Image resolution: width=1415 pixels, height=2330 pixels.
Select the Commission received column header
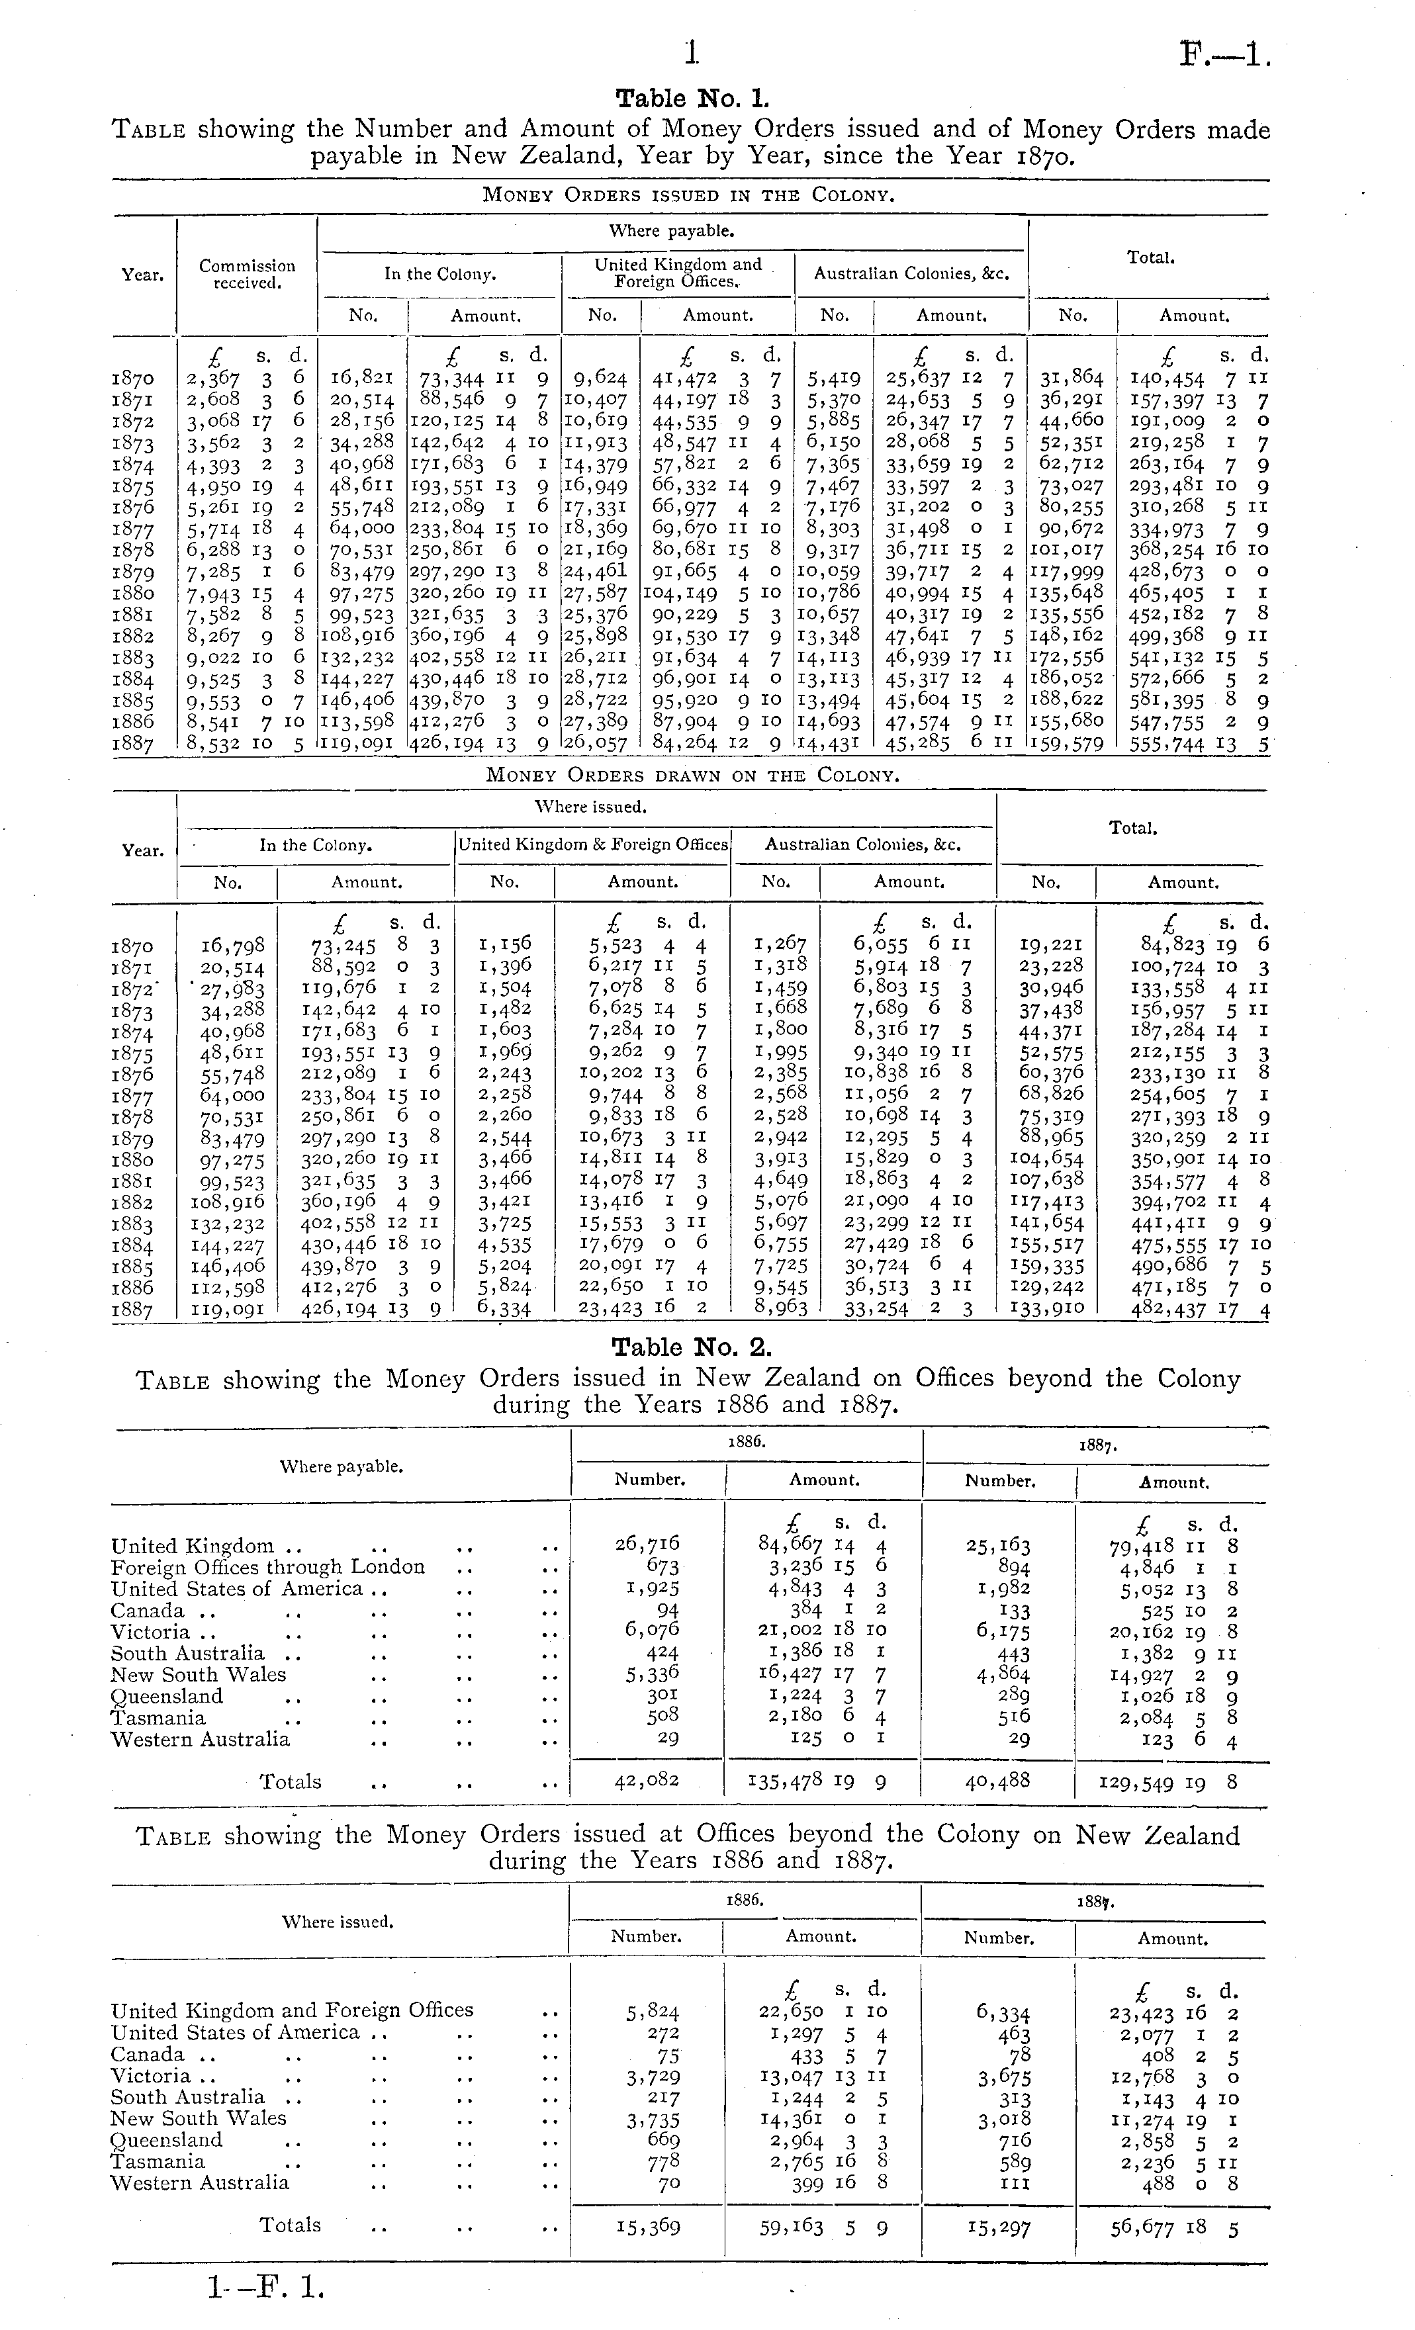click(x=247, y=273)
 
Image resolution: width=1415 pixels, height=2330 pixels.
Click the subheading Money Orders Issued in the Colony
click(x=688, y=196)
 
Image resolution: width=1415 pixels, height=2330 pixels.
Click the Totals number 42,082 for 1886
click(x=647, y=1781)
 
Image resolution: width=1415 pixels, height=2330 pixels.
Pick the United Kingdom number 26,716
click(x=647, y=1545)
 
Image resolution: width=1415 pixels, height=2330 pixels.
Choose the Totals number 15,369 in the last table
click(x=647, y=2227)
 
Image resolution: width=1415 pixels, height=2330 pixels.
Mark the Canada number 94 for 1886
click(x=668, y=1609)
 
